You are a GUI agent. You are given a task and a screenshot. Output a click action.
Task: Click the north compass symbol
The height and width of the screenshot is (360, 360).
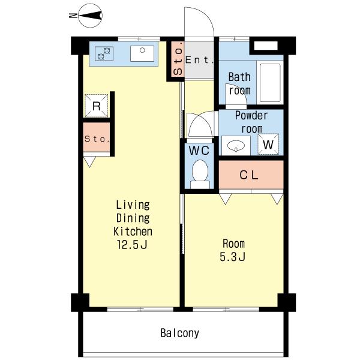90,16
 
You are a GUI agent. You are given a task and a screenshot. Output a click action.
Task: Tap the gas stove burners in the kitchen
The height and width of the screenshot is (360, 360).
104,53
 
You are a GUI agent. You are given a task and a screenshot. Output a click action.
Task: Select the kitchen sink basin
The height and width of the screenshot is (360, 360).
142,53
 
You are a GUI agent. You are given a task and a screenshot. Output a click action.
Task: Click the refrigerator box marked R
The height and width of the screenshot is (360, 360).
97,106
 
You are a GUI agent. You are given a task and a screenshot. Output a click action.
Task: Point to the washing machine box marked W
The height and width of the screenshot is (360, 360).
268,144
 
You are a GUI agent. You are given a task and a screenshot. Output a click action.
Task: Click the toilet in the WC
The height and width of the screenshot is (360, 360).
200,174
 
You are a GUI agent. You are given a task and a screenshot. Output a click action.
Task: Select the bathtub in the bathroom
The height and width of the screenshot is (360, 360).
270,83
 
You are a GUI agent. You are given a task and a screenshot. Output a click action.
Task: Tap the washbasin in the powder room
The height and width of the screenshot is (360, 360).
236,146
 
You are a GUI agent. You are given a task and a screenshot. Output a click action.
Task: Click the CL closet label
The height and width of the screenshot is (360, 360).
249,175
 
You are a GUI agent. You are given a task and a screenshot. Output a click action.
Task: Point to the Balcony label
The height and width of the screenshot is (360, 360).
180,333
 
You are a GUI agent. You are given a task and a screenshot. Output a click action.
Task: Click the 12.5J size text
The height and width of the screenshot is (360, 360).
132,245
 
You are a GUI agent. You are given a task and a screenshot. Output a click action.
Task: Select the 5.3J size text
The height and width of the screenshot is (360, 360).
233,257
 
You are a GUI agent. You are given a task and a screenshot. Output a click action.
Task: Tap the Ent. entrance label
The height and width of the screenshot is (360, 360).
199,60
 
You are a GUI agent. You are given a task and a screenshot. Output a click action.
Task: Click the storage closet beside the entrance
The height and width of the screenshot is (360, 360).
178,59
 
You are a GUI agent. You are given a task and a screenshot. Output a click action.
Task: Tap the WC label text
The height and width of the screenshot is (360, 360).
199,151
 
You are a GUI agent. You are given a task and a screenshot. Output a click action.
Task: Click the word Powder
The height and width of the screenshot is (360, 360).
251,115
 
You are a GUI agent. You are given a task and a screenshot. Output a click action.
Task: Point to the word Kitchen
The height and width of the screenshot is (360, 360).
133,232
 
